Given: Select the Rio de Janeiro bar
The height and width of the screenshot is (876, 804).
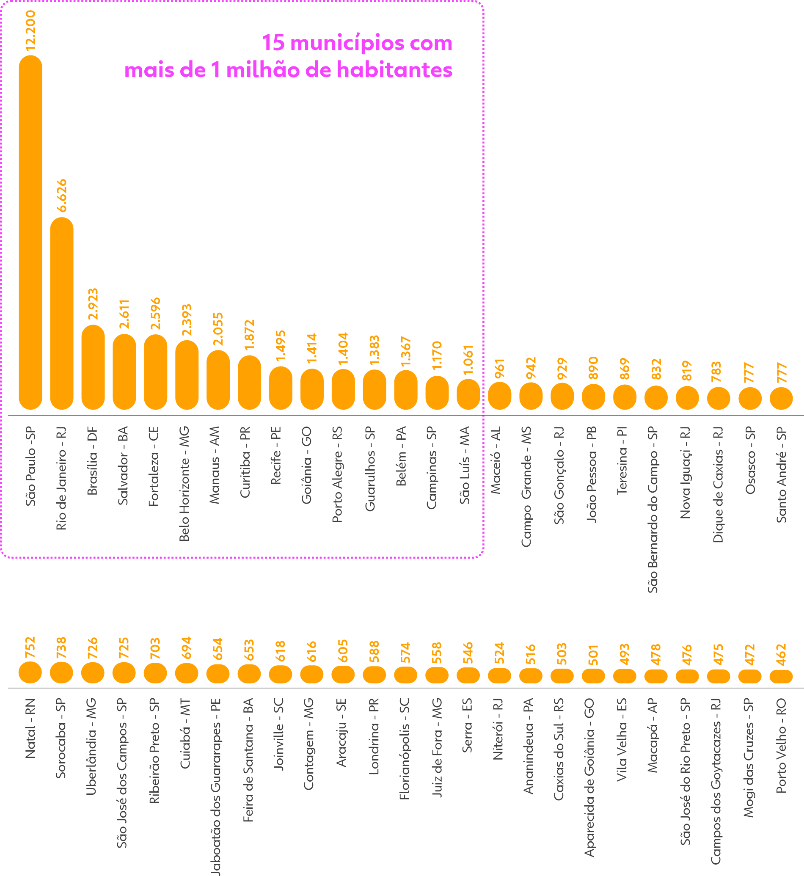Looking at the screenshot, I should (x=62, y=313).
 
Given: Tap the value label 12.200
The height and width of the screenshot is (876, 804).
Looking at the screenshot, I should (x=30, y=30).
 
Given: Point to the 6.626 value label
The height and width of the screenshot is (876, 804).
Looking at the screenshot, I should (x=62, y=196).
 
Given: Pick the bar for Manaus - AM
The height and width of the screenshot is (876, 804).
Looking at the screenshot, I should (x=218, y=380).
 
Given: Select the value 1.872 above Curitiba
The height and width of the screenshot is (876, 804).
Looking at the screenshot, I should (x=249, y=335).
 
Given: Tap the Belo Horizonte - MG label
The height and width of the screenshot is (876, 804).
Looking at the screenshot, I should (x=185, y=483).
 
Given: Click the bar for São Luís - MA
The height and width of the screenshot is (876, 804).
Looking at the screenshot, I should (x=468, y=394).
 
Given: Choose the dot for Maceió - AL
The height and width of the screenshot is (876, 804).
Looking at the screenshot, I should (x=499, y=396).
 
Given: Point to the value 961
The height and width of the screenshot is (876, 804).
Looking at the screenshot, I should (x=499, y=368).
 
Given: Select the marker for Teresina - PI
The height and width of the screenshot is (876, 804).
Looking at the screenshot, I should (x=625, y=397).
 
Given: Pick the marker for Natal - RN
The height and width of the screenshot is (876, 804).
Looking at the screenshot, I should (x=30, y=672).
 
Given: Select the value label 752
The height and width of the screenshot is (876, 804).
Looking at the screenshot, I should (x=30, y=647).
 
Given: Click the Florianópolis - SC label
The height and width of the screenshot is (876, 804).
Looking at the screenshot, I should (x=405, y=749).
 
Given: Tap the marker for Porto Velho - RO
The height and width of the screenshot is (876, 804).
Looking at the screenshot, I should (x=781, y=676).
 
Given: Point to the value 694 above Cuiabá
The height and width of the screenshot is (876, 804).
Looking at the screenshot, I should (x=186, y=647).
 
